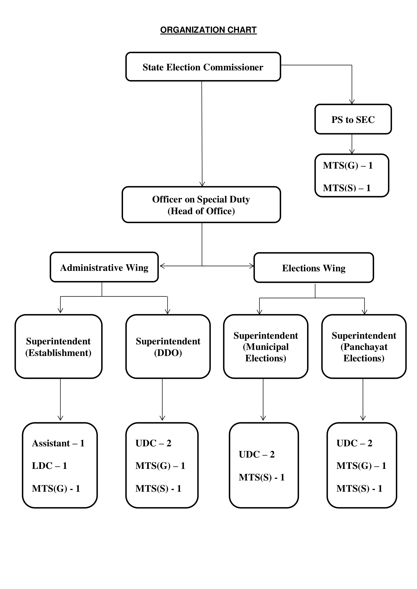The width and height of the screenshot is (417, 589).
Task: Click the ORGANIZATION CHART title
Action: pyautogui.click(x=208, y=30)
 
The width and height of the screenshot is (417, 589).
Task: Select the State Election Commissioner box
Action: pyautogui.click(x=203, y=67)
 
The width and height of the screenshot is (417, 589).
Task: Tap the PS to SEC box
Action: pyautogui.click(x=353, y=119)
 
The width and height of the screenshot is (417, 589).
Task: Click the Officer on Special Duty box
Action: pyautogui.click(x=201, y=205)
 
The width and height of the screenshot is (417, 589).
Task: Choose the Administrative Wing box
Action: pyautogui.click(x=104, y=267)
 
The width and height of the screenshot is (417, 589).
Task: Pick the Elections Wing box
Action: pyautogui.click(x=314, y=268)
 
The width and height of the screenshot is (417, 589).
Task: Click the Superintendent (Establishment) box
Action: pyautogui.click(x=58, y=347)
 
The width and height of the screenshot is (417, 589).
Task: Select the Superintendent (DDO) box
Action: pyautogui.click(x=168, y=347)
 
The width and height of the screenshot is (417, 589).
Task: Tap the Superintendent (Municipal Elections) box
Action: pyautogui.click(x=266, y=347)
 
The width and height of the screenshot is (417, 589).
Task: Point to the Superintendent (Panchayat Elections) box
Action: pyautogui.click(x=364, y=347)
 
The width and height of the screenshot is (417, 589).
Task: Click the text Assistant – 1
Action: pyautogui.click(x=58, y=443)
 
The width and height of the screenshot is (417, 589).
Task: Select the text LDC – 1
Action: pyautogui.click(x=50, y=466)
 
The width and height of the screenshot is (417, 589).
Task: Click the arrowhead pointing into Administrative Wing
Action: pyautogui.click(x=162, y=266)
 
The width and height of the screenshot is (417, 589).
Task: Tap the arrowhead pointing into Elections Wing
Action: pyautogui.click(x=251, y=266)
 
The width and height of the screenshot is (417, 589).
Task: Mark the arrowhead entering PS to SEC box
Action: pyautogui.click(x=352, y=102)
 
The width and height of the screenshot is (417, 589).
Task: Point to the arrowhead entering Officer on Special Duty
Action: pyautogui.click(x=202, y=184)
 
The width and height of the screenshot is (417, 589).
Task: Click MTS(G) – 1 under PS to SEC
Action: pyautogui.click(x=348, y=165)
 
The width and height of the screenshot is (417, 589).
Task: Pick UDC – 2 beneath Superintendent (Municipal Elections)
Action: pyautogui.click(x=257, y=455)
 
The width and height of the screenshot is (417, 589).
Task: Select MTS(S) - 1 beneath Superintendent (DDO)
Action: pyautogui.click(x=158, y=489)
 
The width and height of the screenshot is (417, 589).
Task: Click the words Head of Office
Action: pyautogui.click(x=201, y=211)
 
